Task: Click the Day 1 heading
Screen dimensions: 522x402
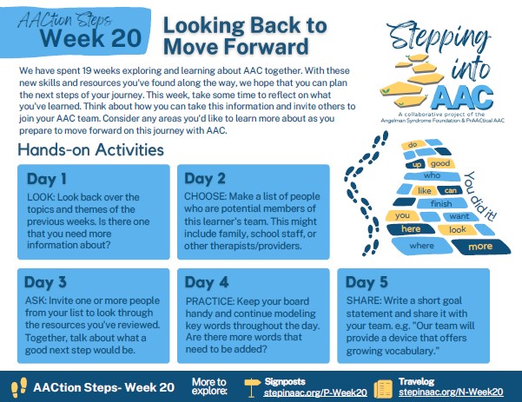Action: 47,179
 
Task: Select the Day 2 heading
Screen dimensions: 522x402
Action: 205,179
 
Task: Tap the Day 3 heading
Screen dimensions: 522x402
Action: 45,282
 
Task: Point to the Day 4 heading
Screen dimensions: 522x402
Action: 207,282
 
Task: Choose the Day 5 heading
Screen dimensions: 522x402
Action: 367,282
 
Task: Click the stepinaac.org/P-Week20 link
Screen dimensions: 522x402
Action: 315,392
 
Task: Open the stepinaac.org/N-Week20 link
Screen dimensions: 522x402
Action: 451,392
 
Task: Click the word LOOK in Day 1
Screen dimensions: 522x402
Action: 41,197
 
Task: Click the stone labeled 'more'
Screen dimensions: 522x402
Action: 480,247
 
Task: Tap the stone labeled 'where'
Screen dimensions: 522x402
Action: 421,247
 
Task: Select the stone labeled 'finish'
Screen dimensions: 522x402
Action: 441,203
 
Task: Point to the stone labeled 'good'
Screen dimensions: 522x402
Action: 440,163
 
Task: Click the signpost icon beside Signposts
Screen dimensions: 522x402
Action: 253,386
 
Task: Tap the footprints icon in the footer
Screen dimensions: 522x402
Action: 19,387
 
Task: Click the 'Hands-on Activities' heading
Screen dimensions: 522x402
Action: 91,149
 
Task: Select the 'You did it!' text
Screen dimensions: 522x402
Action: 480,197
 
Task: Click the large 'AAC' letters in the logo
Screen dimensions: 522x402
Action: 464,96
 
